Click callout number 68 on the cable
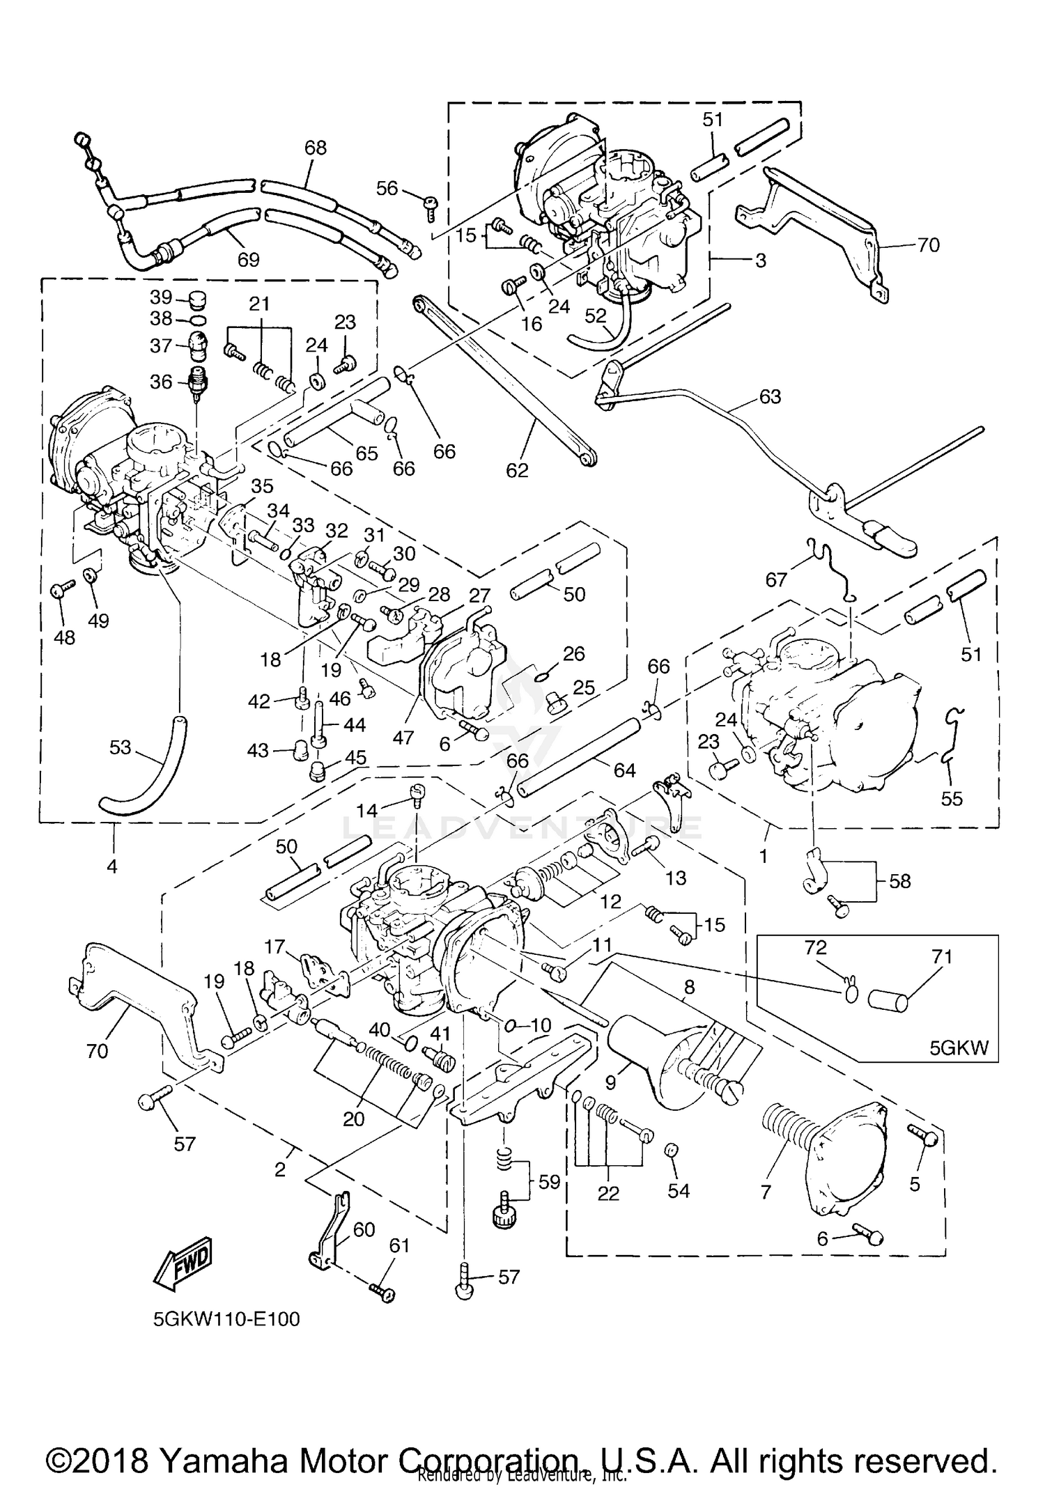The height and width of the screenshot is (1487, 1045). click(x=315, y=148)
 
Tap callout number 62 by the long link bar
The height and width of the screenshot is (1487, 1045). click(x=517, y=470)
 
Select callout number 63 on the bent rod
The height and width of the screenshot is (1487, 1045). click(x=770, y=396)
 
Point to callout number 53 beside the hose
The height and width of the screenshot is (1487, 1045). click(x=120, y=747)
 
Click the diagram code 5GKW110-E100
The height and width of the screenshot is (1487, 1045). click(x=227, y=1319)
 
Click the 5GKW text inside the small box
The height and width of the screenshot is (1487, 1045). click(x=959, y=1049)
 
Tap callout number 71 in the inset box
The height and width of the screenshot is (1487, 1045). click(x=941, y=957)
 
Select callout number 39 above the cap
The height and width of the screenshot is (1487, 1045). click(x=161, y=297)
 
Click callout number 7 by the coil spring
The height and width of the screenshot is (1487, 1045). click(x=766, y=1192)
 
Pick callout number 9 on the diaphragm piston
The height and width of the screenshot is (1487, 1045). click(x=611, y=1083)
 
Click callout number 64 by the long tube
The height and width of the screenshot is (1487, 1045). click(x=624, y=770)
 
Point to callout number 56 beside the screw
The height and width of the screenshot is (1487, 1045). click(x=387, y=188)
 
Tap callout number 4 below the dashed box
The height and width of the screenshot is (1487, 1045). click(x=111, y=866)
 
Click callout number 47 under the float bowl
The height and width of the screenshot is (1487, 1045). click(x=403, y=738)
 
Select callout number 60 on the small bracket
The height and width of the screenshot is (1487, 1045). click(x=364, y=1229)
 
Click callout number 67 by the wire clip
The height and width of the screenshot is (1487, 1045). click(x=776, y=579)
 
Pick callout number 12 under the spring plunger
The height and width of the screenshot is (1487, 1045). click(x=610, y=902)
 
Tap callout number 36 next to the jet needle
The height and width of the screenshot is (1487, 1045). click(x=161, y=381)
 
